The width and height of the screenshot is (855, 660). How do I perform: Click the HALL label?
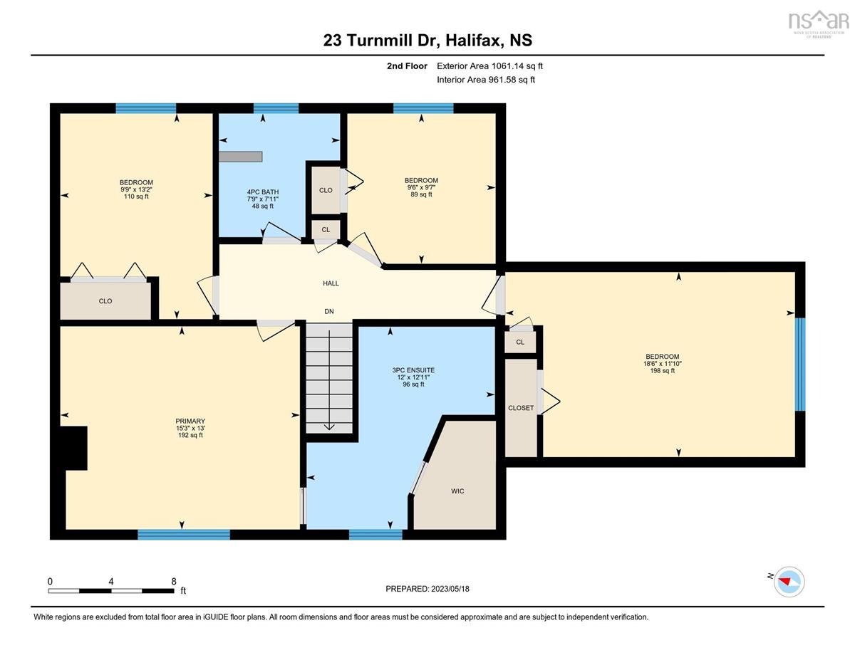coord(331,283)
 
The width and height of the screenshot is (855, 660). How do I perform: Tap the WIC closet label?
coord(457,491)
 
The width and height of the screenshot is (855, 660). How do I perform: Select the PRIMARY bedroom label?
coord(190,421)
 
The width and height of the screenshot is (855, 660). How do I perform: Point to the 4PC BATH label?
coord(263,192)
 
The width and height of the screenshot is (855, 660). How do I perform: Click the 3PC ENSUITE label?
coord(413,370)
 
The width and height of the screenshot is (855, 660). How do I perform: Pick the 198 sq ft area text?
coord(662,371)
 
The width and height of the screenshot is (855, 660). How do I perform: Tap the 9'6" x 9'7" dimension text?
coord(421,187)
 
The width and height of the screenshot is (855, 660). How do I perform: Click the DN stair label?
coord(329,311)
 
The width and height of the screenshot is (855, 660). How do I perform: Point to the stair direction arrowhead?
coord(329,427)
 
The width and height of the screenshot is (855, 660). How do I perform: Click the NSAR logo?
coord(818,23)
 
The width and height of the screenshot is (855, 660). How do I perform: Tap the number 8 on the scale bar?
coord(174,582)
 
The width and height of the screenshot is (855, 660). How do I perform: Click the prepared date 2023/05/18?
coord(450,589)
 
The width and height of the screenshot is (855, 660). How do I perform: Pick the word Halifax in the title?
coord(474,40)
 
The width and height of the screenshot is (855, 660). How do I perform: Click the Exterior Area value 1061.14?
coord(507,66)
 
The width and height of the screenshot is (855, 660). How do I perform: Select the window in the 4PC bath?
coord(276,108)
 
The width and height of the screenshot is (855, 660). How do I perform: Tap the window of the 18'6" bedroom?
coord(800,365)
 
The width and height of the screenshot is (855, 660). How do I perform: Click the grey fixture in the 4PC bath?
coord(240,157)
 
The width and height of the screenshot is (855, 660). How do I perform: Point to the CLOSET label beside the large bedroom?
coord(521,408)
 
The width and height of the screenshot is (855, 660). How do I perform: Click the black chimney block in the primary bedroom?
coord(73,448)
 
